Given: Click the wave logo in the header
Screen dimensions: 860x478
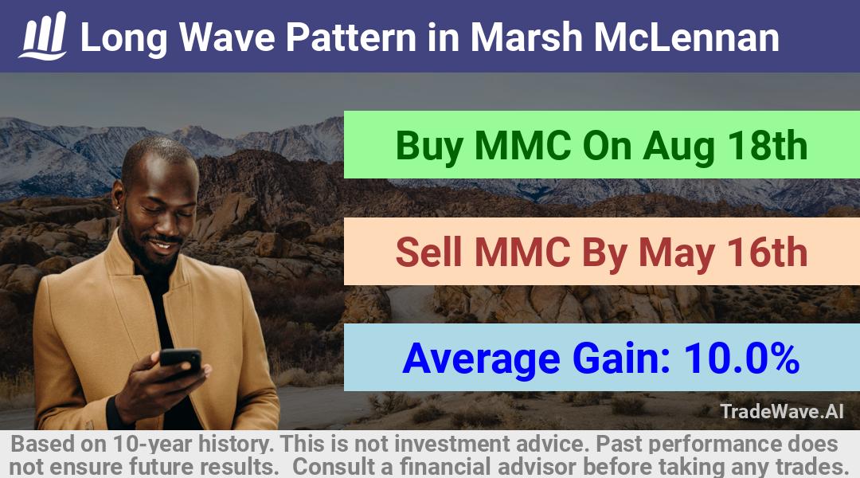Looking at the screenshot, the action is pyautogui.click(x=43, y=36).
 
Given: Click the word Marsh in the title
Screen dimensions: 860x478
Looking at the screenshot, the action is pyautogui.click(x=526, y=37).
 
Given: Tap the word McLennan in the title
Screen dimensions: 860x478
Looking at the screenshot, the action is pyautogui.click(x=686, y=37).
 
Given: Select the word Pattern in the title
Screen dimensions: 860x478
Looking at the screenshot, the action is pyautogui.click(x=351, y=37).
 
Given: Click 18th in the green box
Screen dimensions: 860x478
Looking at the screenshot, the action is pyautogui.click(x=768, y=146).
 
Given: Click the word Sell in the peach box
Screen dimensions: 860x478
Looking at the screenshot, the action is pyautogui.click(x=428, y=253).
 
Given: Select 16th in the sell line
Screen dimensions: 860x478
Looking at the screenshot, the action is pyautogui.click(x=768, y=253).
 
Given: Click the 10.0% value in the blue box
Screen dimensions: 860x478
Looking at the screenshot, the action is pyautogui.click(x=741, y=358).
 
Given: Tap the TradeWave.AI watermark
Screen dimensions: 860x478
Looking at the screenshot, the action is pyautogui.click(x=782, y=411).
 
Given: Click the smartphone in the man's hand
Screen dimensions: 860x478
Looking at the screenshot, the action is pyautogui.click(x=181, y=361).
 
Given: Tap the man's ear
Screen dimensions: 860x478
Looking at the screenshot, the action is pyautogui.click(x=117, y=197).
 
